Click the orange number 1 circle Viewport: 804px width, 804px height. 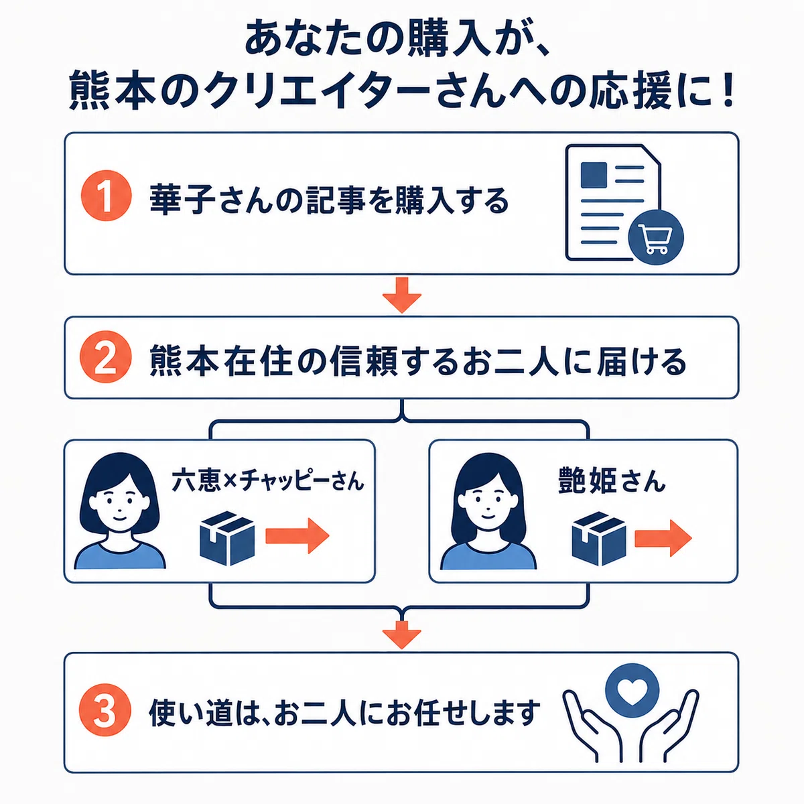(106, 195)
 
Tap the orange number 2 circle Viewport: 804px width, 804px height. (106, 356)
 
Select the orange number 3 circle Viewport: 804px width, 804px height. (105, 710)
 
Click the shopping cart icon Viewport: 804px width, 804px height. (656, 238)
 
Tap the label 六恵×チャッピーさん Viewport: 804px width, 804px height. (268, 480)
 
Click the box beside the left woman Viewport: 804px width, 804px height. (227, 538)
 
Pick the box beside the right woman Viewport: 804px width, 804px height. (599, 539)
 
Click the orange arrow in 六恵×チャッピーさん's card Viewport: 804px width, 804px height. (297, 536)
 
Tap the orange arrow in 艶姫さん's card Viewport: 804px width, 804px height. (663, 538)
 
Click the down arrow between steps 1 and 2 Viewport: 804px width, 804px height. (402, 295)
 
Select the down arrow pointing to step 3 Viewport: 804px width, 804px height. (402, 634)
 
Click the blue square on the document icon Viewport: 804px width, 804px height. (594, 175)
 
